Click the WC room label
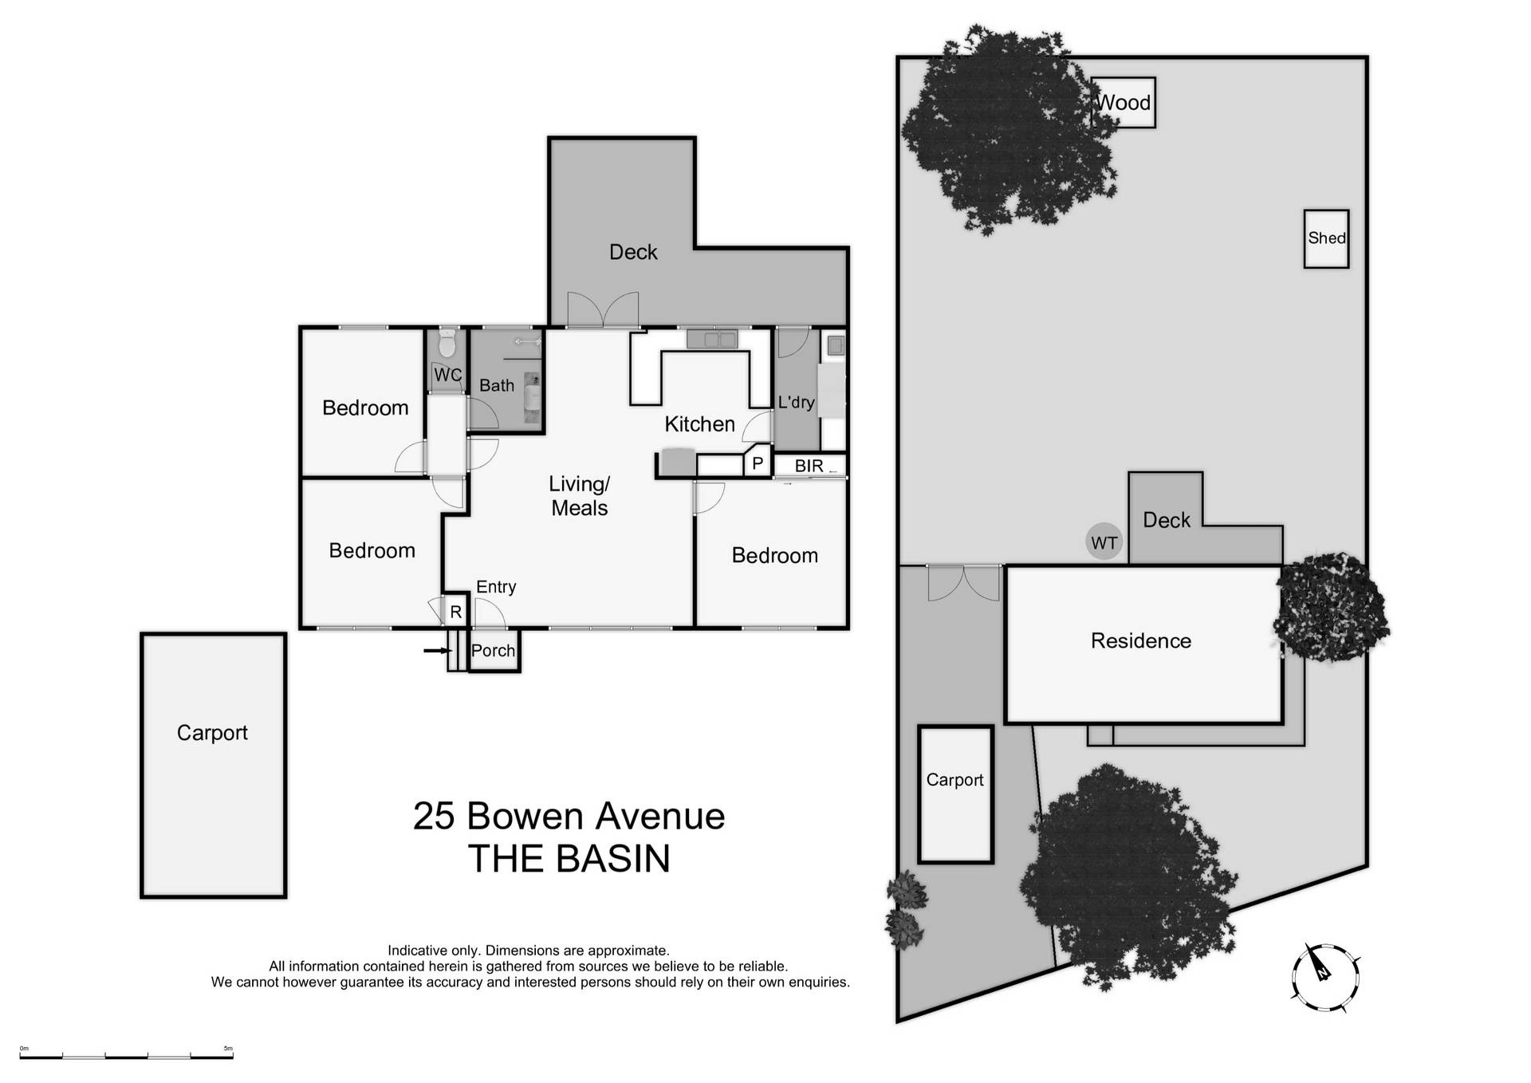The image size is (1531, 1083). [447, 375]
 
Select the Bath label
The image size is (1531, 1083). [497, 385]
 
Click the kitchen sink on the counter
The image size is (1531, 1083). [712, 340]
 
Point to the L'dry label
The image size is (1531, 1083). [796, 402]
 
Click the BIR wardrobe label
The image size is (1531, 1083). [809, 466]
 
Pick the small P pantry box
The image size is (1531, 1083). [758, 463]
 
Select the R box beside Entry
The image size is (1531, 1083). [455, 612]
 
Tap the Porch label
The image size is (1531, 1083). [493, 651]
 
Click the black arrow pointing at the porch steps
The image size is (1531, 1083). [436, 651]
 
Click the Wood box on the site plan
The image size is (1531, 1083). [1124, 103]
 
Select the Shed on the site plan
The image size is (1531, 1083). [1326, 238]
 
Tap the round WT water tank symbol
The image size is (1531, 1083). [1104, 543]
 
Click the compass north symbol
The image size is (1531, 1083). [1324, 976]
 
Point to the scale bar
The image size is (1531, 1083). [126, 1056]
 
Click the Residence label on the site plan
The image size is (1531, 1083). [1140, 641]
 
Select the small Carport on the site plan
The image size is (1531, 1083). [954, 794]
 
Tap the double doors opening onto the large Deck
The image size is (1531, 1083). [603, 311]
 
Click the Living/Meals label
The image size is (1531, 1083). [580, 496]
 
